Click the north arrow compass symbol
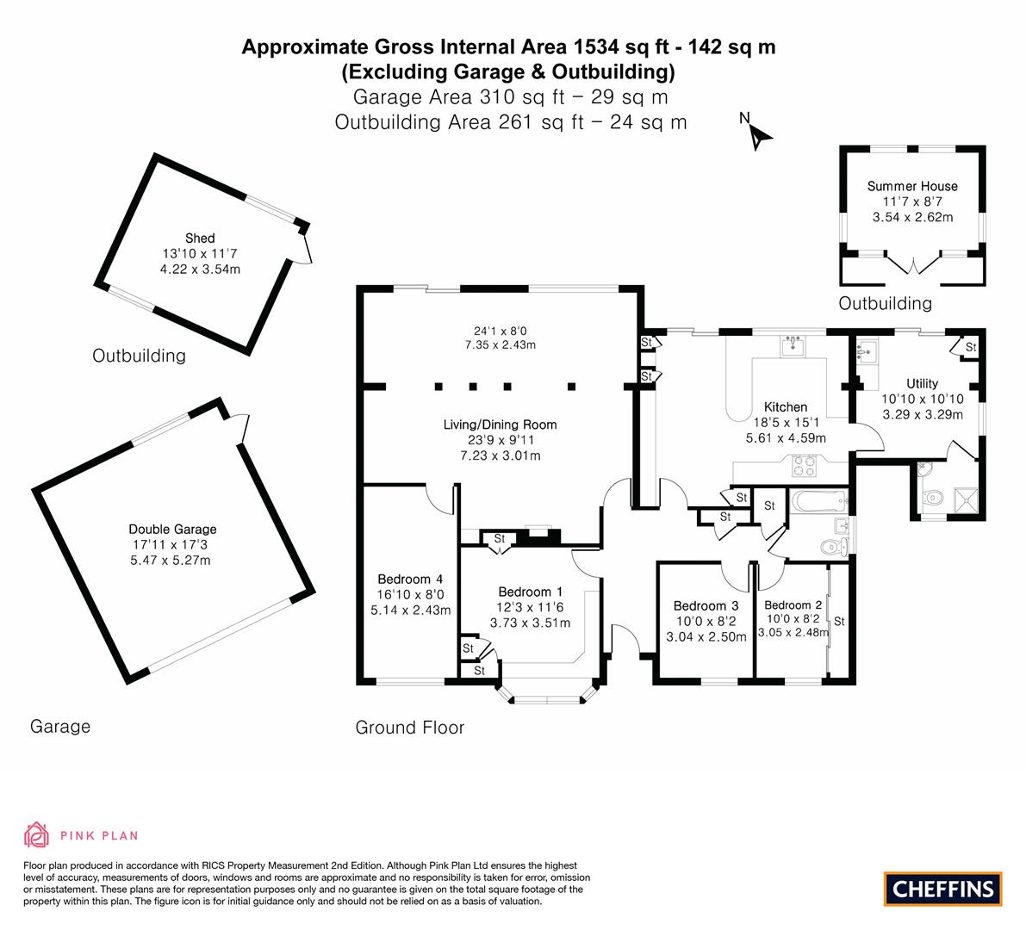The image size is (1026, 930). pyautogui.click(x=758, y=134)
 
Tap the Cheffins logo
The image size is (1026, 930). pyautogui.click(x=943, y=888)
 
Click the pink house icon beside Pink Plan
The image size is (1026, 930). pyautogui.click(x=36, y=834)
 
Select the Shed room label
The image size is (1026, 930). pyautogui.click(x=200, y=238)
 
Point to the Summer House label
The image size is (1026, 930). pyautogui.click(x=911, y=186)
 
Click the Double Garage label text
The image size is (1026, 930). pyautogui.click(x=172, y=529)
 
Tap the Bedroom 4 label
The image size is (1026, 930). pyautogui.click(x=410, y=579)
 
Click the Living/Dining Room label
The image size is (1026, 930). pyautogui.click(x=500, y=425)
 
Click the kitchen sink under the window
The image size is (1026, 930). pyautogui.click(x=792, y=346)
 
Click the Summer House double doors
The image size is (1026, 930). pyautogui.click(x=912, y=263)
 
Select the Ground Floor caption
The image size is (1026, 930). pyautogui.click(x=410, y=728)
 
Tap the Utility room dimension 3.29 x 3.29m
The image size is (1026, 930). pyautogui.click(x=923, y=414)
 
